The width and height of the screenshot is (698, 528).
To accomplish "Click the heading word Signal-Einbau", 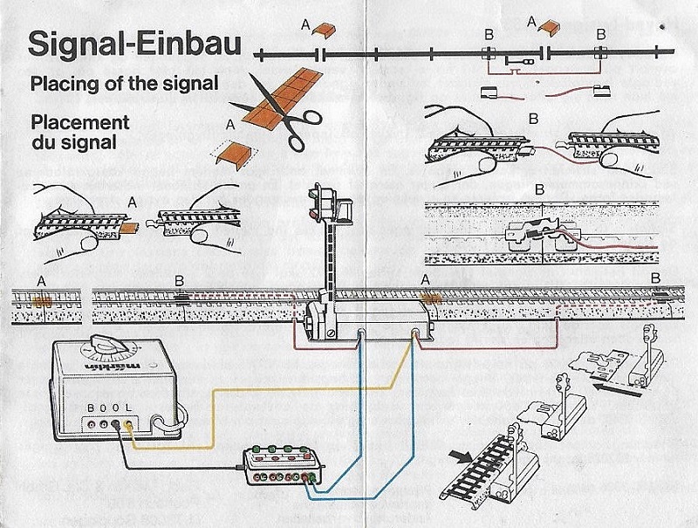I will coord(134,45).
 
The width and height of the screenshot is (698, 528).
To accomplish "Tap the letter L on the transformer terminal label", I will coord(129,408).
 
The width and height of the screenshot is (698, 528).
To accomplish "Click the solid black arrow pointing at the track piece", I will coord(462,455).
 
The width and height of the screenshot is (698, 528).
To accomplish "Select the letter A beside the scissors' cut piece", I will coord(229,124).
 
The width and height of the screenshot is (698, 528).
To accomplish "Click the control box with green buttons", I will coord(284,463).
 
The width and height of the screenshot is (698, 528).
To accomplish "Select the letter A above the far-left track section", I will coord(40,281).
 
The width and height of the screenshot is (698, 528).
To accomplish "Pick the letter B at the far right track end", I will coord(656,278).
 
